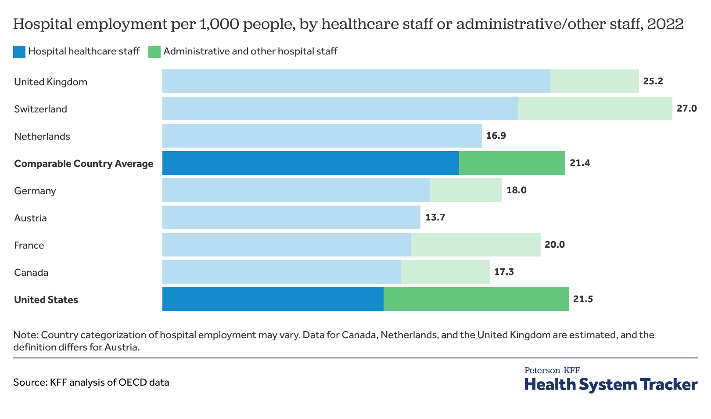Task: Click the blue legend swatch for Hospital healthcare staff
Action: [19, 52]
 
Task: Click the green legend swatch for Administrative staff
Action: [154, 52]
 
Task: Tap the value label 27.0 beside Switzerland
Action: [686, 108]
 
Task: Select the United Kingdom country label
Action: [50, 82]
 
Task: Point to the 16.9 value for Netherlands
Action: [496, 136]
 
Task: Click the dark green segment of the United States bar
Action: [476, 299]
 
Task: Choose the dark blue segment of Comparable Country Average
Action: [310, 163]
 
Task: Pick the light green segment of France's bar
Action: [475, 245]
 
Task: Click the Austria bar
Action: [291, 217]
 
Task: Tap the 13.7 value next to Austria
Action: [435, 217]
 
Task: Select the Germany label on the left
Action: [35, 191]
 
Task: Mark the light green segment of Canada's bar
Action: [445, 272]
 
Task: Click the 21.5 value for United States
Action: [583, 299]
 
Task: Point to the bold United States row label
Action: [46, 300]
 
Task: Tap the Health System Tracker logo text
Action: [610, 384]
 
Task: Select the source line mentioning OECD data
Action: [91, 382]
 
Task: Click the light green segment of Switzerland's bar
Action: [595, 108]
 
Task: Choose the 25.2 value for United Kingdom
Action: [653, 81]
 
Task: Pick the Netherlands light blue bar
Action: [322, 136]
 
